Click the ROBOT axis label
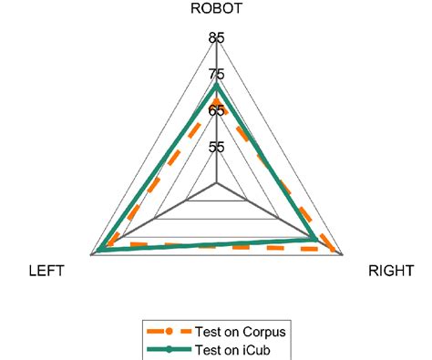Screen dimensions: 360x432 click(x=216, y=11)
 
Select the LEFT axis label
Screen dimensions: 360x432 click(x=45, y=271)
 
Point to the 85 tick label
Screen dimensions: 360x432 click(x=216, y=38)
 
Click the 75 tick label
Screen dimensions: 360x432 click(x=216, y=75)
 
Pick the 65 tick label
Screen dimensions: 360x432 click(x=216, y=111)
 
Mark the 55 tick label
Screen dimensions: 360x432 click(x=216, y=147)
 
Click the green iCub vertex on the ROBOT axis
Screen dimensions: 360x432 click(x=216, y=87)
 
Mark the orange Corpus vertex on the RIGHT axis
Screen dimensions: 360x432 click(x=335, y=251)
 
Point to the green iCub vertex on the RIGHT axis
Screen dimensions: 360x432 click(x=315, y=240)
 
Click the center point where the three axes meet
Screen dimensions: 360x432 click(x=216, y=183)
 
